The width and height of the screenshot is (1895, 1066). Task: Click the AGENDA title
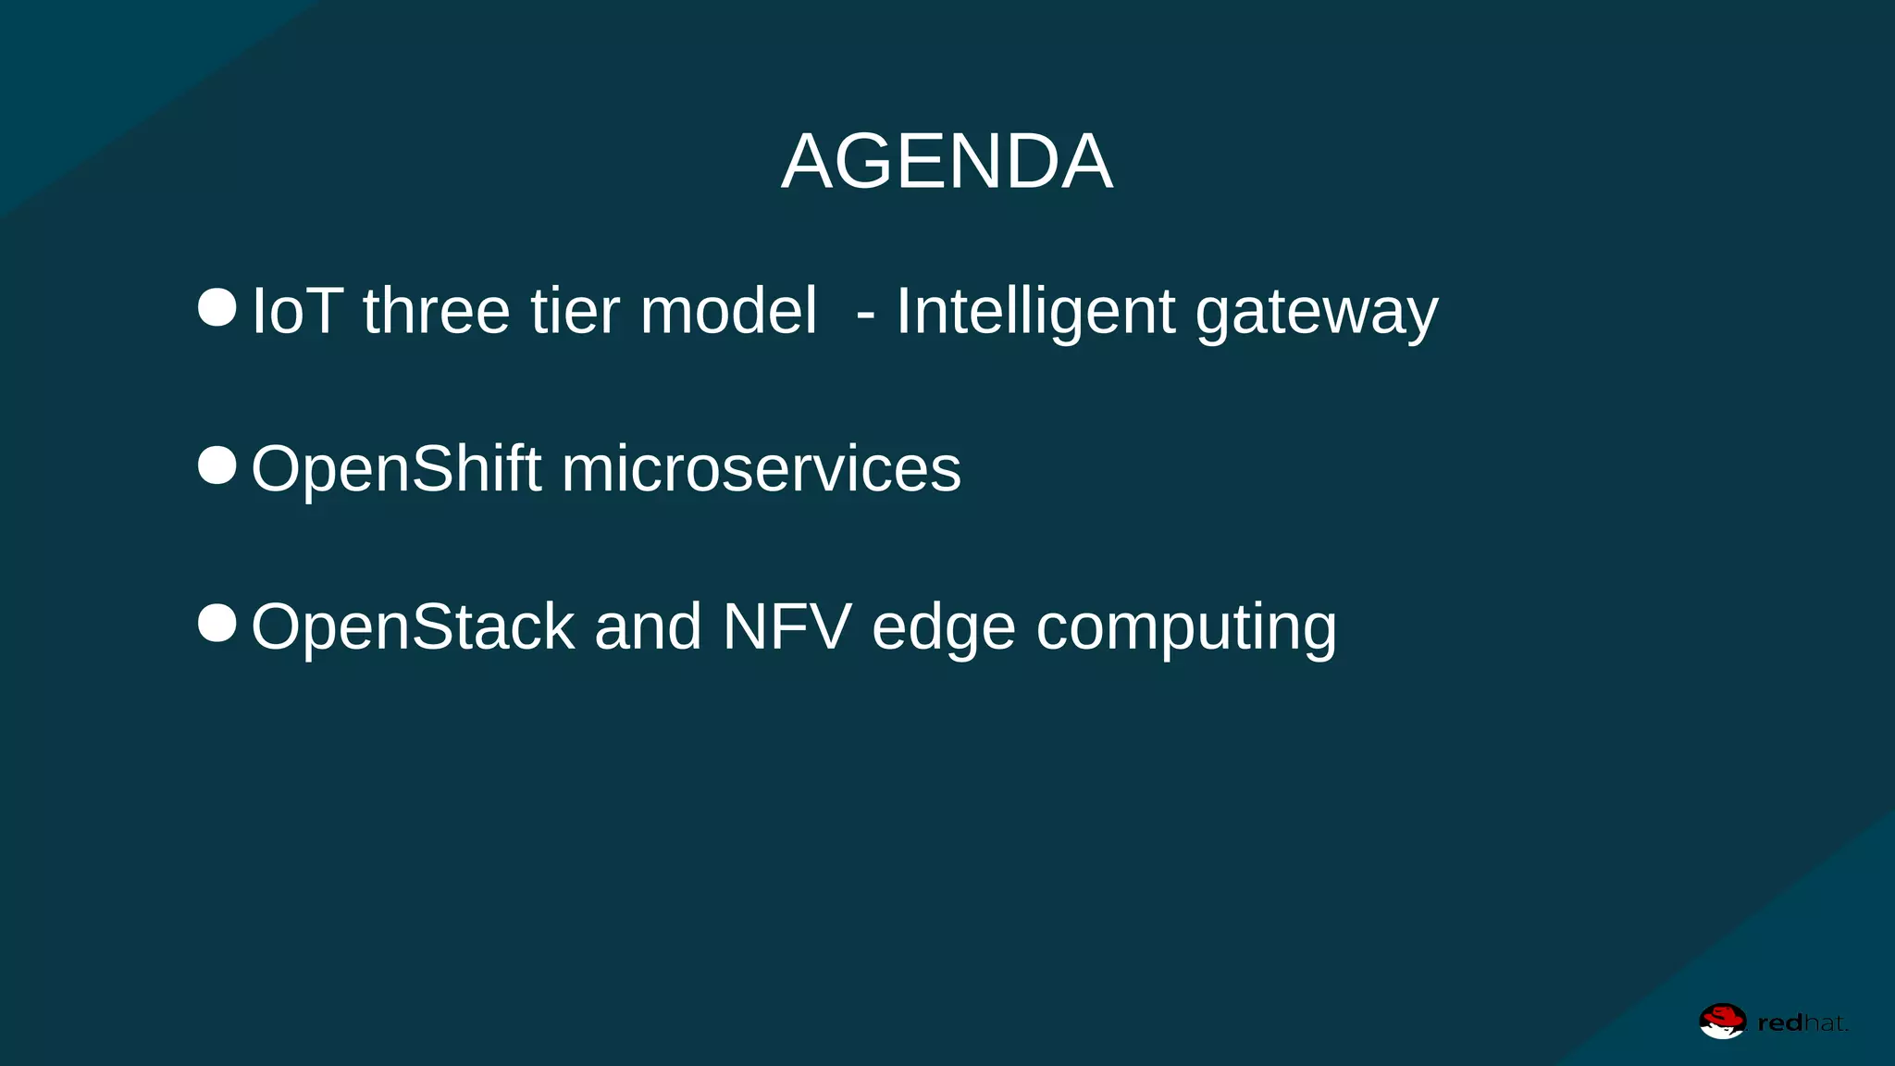click(947, 162)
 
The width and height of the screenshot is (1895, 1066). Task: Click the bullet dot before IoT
click(217, 307)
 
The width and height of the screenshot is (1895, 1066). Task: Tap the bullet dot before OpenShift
click(217, 465)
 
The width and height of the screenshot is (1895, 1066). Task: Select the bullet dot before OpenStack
click(217, 624)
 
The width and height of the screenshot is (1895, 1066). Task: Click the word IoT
click(298, 311)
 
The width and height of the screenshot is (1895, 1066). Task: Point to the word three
click(436, 311)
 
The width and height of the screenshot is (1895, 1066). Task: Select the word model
click(728, 311)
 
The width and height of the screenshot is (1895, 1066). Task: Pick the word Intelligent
click(1035, 311)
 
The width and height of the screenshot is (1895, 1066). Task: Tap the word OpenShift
click(396, 469)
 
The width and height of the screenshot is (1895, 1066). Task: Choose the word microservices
click(761, 469)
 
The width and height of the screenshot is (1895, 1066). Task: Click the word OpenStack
click(413, 627)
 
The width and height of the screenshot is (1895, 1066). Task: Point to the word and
click(648, 627)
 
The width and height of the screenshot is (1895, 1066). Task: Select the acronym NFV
click(786, 627)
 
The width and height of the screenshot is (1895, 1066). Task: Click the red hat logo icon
click(1722, 1022)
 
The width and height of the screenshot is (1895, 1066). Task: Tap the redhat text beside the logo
click(1802, 1023)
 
